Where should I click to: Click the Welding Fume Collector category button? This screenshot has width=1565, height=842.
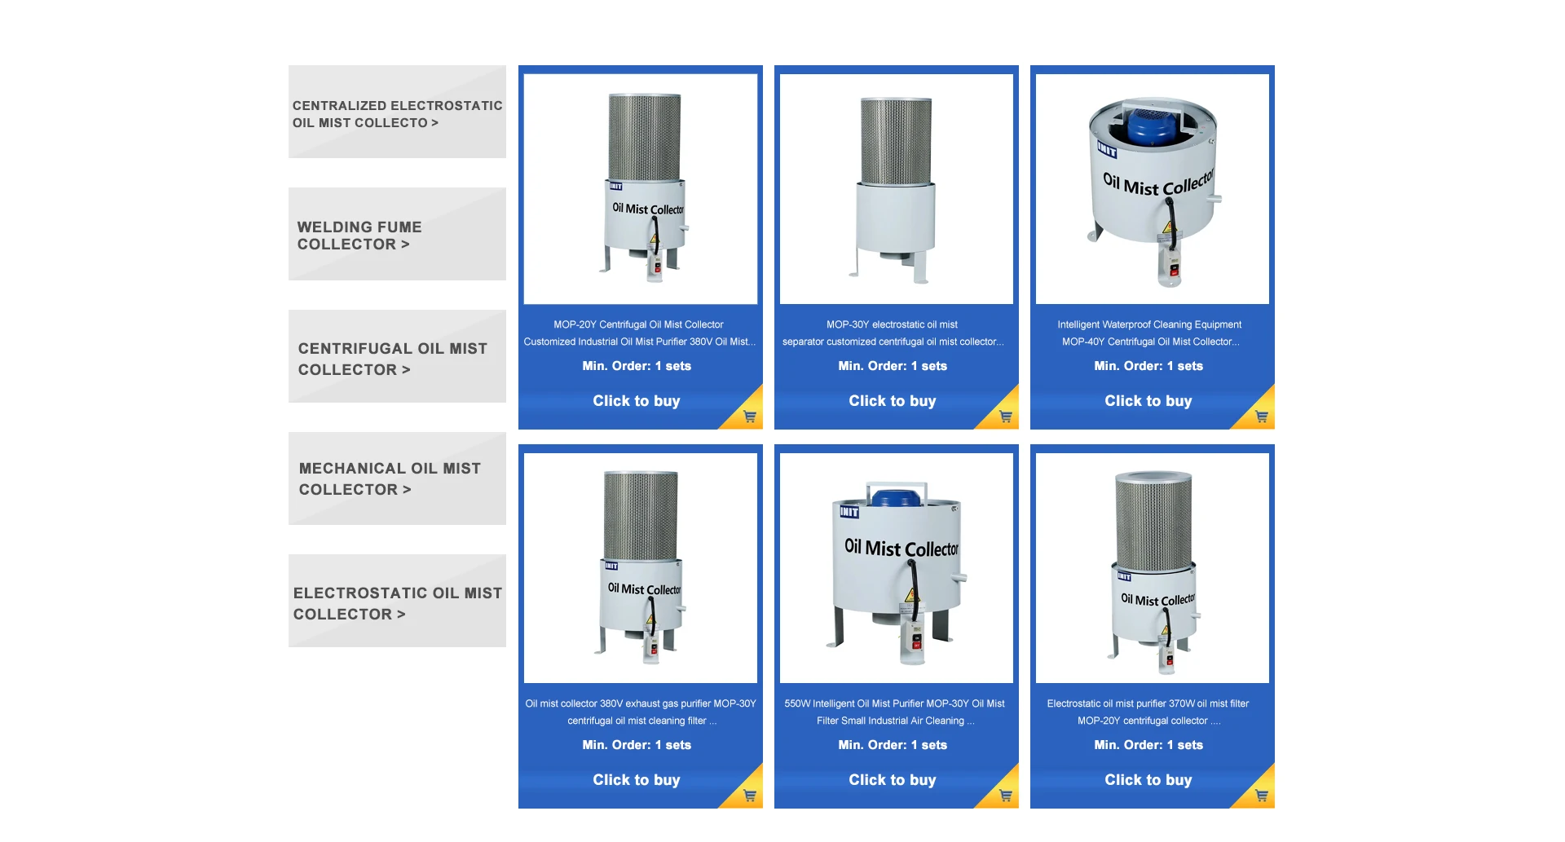click(x=397, y=235)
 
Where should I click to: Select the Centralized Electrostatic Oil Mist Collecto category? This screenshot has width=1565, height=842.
click(x=397, y=113)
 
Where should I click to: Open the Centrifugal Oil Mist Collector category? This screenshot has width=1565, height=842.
click(x=397, y=358)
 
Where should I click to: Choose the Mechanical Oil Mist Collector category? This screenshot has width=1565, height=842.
click(x=397, y=478)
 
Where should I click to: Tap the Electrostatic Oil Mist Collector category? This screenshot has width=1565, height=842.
click(x=397, y=602)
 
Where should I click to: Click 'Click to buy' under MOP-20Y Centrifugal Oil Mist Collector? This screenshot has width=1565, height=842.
click(x=636, y=401)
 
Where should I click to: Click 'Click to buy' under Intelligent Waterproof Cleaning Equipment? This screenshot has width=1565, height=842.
click(x=1148, y=401)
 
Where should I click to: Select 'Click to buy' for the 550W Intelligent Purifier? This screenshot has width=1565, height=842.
click(x=892, y=780)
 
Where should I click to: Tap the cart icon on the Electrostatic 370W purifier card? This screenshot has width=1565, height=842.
click(x=1261, y=796)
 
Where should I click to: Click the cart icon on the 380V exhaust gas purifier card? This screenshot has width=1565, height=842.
click(x=750, y=796)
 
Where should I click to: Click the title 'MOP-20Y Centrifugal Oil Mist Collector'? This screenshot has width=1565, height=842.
click(x=638, y=324)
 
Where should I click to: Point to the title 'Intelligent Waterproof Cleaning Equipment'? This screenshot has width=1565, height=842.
click(x=1149, y=324)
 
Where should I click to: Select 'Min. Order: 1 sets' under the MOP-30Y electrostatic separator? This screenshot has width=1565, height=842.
click(x=893, y=366)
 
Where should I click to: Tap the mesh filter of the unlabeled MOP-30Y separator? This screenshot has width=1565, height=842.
click(x=896, y=140)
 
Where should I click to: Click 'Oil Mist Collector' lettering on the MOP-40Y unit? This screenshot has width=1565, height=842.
click(x=1157, y=185)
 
